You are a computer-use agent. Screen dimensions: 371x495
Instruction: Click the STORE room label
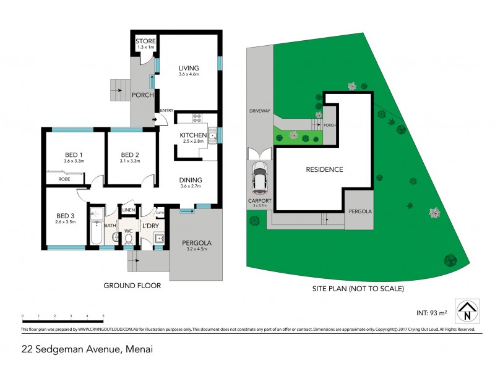145,41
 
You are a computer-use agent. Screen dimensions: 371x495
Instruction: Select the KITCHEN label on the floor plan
192,135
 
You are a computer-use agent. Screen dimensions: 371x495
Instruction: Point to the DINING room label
191,181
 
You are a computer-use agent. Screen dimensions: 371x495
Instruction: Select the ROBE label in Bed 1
64,179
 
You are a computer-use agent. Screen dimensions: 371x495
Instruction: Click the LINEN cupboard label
129,211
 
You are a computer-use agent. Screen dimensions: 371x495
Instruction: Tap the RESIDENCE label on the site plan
324,169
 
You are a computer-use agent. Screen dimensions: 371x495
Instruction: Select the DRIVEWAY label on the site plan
260,111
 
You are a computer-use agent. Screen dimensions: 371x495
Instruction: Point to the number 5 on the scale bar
103,316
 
